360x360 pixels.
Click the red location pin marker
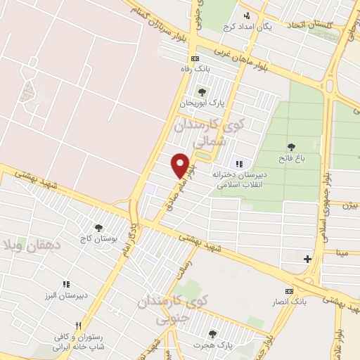tap(181, 165)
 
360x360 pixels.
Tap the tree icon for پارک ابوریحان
tap(202, 91)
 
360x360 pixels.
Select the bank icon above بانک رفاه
tap(195, 58)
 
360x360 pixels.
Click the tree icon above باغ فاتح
tap(291, 146)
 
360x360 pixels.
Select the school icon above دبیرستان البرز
tap(66, 284)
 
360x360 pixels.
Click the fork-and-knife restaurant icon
tap(78, 326)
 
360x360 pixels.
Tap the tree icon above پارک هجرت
tap(212, 333)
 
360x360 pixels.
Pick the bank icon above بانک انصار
tap(288, 291)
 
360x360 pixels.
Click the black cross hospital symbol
tap(307, 259)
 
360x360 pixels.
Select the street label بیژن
tap(350, 205)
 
